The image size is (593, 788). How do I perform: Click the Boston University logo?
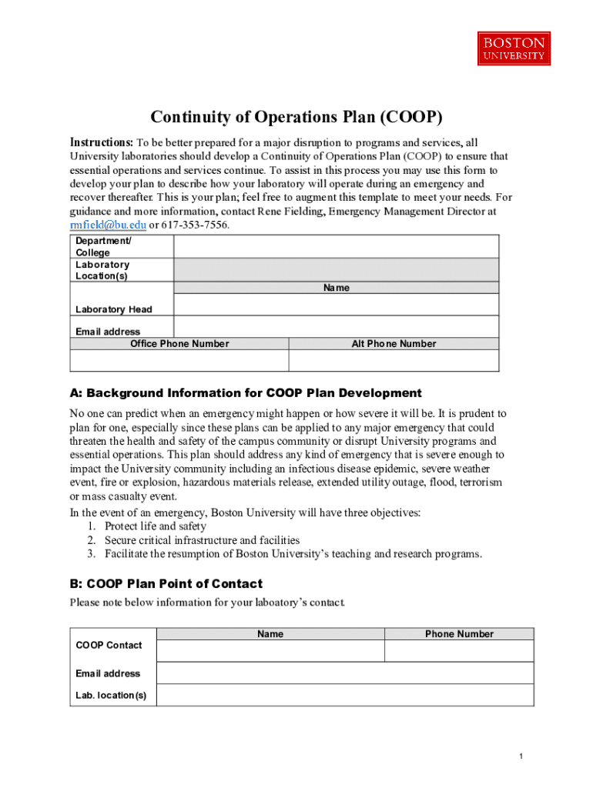click(514, 48)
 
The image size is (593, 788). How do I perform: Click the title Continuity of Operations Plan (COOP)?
click(296, 117)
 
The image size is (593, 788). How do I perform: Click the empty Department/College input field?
click(336, 246)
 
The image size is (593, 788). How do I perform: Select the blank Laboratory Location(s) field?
click(336, 269)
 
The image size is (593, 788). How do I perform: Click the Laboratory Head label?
click(114, 309)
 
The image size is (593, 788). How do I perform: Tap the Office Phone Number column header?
click(179, 344)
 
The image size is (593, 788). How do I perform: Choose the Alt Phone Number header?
click(394, 344)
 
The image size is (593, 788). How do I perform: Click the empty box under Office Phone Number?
click(179, 361)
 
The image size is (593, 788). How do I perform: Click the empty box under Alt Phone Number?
click(394, 361)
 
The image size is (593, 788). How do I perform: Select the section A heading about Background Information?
click(246, 392)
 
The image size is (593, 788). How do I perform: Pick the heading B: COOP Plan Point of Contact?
click(166, 583)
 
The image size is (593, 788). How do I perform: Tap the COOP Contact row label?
click(109, 645)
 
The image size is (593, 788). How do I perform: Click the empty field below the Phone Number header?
click(459, 651)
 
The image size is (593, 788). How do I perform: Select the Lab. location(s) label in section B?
click(111, 696)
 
